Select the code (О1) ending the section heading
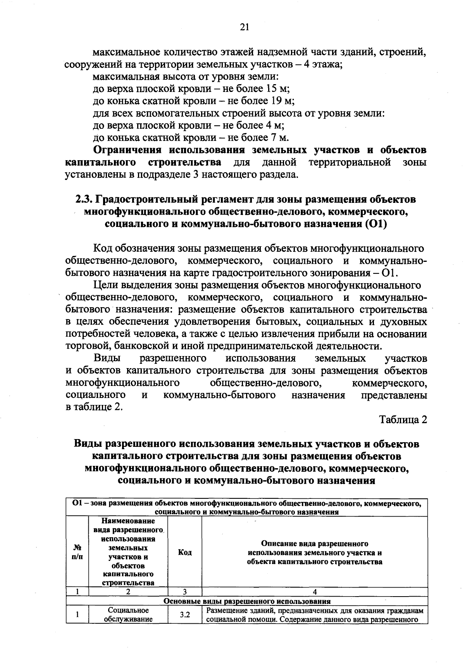tap(375, 224)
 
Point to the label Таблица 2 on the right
tap(403, 420)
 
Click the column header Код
tap(184, 552)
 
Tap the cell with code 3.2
tap(184, 615)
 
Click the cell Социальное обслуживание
tap(128, 615)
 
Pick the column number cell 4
tap(314, 592)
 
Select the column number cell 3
tap(184, 592)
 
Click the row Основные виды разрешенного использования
tap(247, 601)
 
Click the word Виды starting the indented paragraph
tap(106, 358)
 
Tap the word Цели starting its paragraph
tap(106, 285)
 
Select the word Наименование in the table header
tap(128, 522)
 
